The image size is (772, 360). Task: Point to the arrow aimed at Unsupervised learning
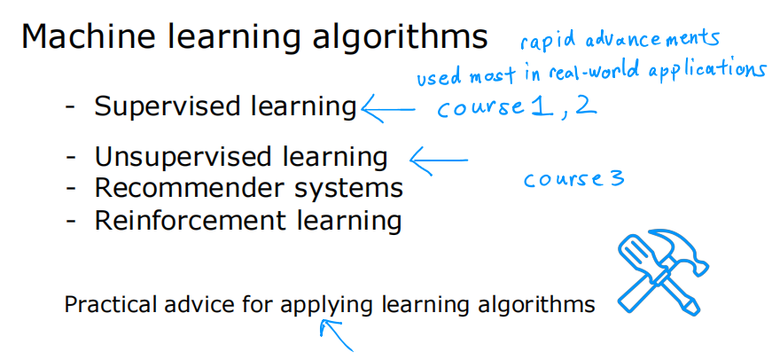coord(438,160)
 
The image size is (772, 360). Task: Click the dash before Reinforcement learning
coord(71,220)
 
